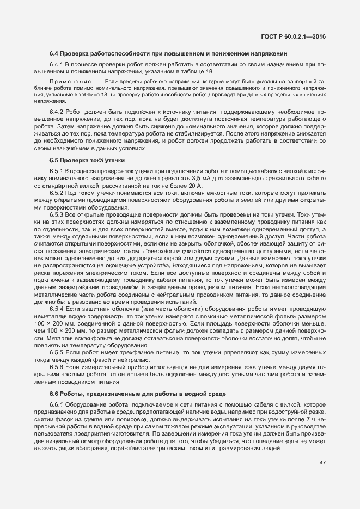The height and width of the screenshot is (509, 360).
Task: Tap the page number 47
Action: [x=322, y=462]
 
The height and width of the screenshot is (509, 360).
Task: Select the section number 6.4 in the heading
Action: [x=54, y=54]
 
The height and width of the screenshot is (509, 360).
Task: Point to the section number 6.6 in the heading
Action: [x=54, y=393]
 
